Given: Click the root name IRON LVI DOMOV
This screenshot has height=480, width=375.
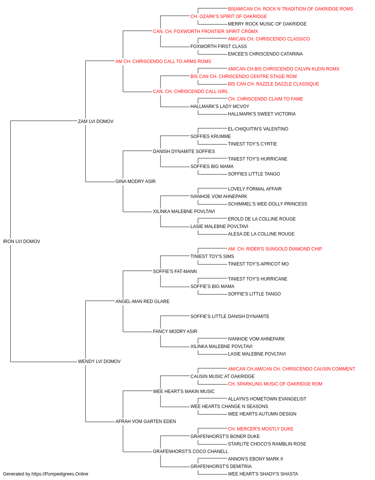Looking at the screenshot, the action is click(21, 241).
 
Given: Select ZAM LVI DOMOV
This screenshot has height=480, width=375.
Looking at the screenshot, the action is click(96, 121).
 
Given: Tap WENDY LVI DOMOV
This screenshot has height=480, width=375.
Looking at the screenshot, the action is click(99, 361).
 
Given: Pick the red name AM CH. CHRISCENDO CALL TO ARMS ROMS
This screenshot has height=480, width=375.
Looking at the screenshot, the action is click(163, 61).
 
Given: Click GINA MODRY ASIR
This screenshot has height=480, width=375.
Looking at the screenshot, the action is click(135, 181).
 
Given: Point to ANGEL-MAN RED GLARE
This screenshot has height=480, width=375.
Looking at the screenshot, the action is click(142, 301).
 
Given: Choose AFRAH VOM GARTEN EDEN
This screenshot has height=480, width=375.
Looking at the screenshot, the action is click(145, 421).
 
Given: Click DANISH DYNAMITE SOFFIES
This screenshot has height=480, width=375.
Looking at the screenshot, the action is click(184, 151).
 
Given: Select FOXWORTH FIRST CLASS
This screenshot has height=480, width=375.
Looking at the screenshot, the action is click(219, 46).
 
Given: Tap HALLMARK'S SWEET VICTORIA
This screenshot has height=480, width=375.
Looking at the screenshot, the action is click(262, 114).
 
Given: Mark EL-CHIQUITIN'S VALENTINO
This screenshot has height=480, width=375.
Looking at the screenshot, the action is click(258, 129).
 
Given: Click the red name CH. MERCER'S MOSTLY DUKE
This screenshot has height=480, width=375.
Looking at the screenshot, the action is click(261, 429).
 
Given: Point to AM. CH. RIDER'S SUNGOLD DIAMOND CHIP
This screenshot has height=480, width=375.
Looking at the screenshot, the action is click(275, 249).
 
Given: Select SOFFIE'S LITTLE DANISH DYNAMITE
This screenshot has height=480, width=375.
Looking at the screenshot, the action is click(230, 316).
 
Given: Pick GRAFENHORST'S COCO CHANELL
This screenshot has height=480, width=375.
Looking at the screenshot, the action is click(190, 451).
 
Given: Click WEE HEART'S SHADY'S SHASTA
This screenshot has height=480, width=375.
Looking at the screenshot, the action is click(263, 474).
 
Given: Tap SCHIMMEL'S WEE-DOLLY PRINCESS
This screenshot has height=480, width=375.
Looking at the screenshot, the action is click(267, 204).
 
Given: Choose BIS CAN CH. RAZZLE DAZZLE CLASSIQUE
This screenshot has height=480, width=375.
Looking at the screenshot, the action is click(273, 84).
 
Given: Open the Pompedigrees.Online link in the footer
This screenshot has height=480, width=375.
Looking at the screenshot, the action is click(60, 474).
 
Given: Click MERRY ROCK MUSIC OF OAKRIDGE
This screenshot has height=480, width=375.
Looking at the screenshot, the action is click(267, 24).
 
